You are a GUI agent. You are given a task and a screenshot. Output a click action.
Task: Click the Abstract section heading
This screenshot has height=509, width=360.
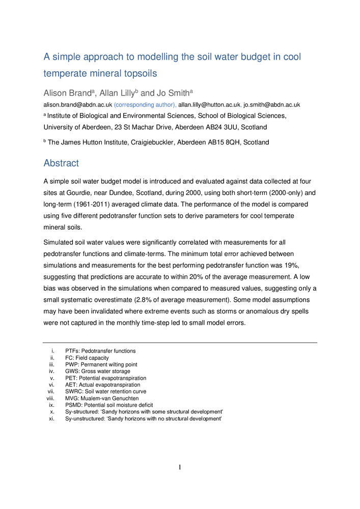[x=61, y=163]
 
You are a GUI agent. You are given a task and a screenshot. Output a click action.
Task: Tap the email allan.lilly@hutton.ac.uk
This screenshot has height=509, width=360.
[x=209, y=104]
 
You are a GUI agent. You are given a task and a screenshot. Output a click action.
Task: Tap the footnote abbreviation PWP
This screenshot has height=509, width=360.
[x=72, y=365]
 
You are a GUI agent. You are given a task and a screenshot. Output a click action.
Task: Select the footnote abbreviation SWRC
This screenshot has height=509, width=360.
[x=73, y=392]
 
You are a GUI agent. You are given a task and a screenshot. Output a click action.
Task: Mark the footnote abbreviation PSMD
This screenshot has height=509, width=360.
[x=73, y=405]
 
